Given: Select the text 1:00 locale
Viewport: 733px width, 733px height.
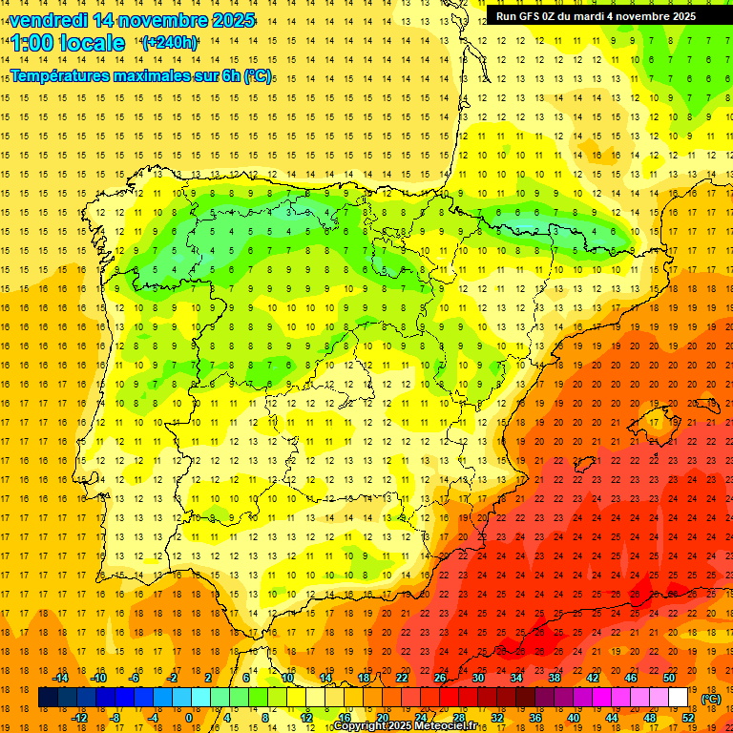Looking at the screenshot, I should point(69,43).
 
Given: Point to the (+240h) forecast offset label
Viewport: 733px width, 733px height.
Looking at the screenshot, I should point(170,43).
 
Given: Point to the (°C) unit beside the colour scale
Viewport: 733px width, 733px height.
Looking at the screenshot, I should point(711,699).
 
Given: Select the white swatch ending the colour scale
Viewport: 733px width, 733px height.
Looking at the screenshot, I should point(679,698).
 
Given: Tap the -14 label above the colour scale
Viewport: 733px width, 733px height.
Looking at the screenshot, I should point(60,678).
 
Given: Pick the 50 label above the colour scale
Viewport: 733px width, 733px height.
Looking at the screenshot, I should point(669,678).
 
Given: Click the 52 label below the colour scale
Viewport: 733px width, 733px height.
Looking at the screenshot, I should point(688,718).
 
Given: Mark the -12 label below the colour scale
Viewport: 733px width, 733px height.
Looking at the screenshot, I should point(79,718).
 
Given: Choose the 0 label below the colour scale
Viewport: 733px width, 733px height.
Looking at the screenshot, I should point(189,718).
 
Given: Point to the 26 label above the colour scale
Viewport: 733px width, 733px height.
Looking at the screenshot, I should point(440,678).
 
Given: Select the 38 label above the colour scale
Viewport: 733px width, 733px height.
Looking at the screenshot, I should point(555,678).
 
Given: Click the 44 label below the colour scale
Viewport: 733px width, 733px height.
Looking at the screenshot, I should point(612,718).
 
